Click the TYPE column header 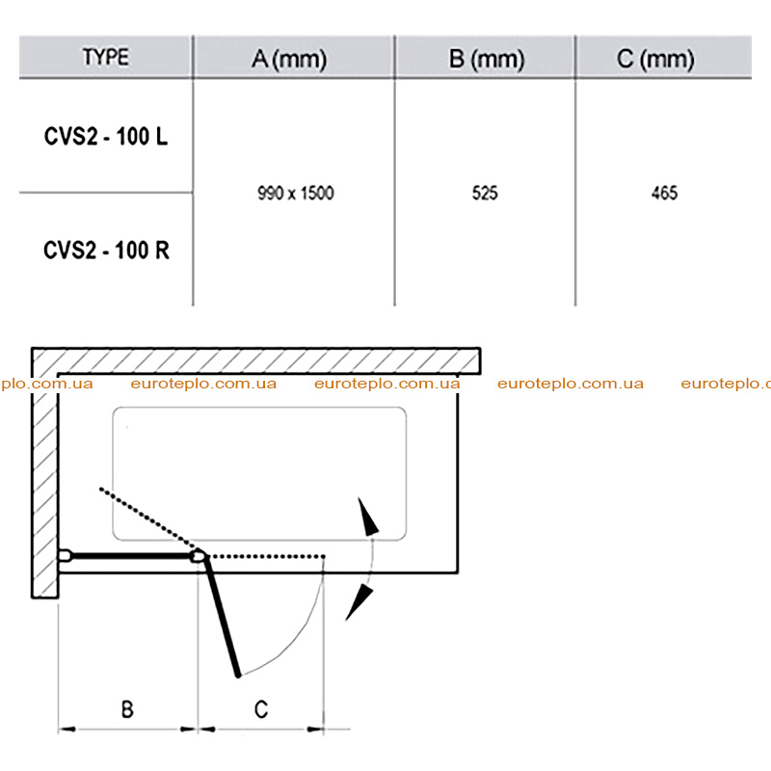click(106, 57)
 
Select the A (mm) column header click(289, 60)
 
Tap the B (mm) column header click(487, 60)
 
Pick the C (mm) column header click(655, 60)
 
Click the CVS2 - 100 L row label click(106, 136)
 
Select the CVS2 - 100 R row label click(106, 251)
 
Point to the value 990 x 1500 click(296, 194)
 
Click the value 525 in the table click(485, 194)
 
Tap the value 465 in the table click(664, 194)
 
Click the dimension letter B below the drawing click(127, 709)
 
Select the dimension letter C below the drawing click(261, 709)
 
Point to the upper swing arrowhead click(367, 517)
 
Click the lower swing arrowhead click(359, 602)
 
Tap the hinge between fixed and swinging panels click(199, 556)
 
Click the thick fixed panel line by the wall click(132, 556)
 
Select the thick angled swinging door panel click(223, 616)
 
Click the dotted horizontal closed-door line click(266, 557)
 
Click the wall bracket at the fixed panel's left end click(66, 556)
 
